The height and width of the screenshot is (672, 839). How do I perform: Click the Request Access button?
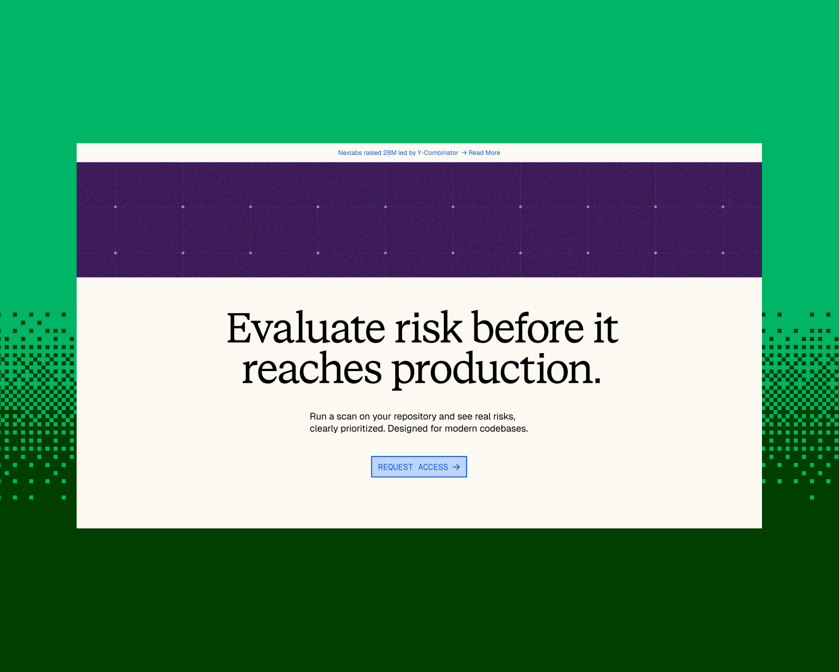coord(419,466)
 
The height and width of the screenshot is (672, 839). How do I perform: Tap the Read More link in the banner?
coord(484,153)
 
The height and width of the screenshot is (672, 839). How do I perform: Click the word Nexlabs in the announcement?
coord(350,153)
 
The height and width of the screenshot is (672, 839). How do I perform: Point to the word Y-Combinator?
coord(438,153)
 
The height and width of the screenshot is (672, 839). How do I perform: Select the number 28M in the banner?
coord(389,153)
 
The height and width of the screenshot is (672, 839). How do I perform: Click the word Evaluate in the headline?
coord(306,328)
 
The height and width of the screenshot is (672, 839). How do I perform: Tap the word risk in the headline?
coord(428,328)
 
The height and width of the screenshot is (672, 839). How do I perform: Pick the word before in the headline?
coord(528,328)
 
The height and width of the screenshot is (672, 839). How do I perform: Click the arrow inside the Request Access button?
coord(456,466)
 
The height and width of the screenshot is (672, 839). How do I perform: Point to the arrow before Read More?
coord(464,153)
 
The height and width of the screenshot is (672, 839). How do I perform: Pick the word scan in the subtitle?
coord(347,416)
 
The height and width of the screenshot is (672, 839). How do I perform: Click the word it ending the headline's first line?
coord(606,328)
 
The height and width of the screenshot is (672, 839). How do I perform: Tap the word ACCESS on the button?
coord(433,467)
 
